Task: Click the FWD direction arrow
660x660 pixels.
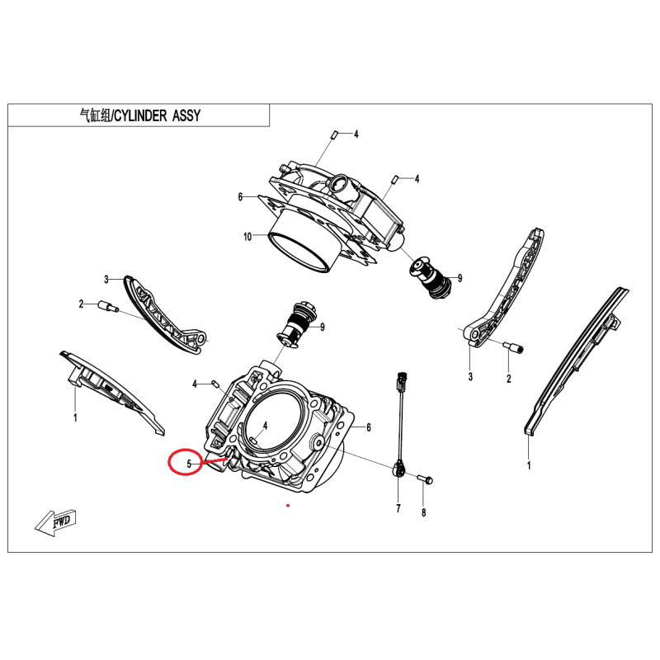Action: click(54, 523)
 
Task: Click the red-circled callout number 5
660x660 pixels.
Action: click(189, 464)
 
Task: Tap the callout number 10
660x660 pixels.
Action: click(247, 237)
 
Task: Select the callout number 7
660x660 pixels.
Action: click(398, 508)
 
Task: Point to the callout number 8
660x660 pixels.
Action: click(423, 512)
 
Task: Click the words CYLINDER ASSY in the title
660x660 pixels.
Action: click(158, 115)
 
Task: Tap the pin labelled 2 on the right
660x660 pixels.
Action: click(513, 347)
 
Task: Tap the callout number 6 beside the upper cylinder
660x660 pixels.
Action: click(240, 196)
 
